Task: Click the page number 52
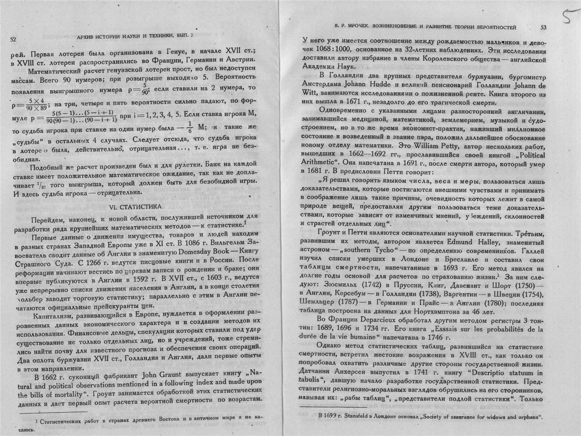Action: click(13, 39)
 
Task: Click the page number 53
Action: click(543, 27)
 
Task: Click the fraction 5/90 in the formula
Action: click(144, 89)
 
